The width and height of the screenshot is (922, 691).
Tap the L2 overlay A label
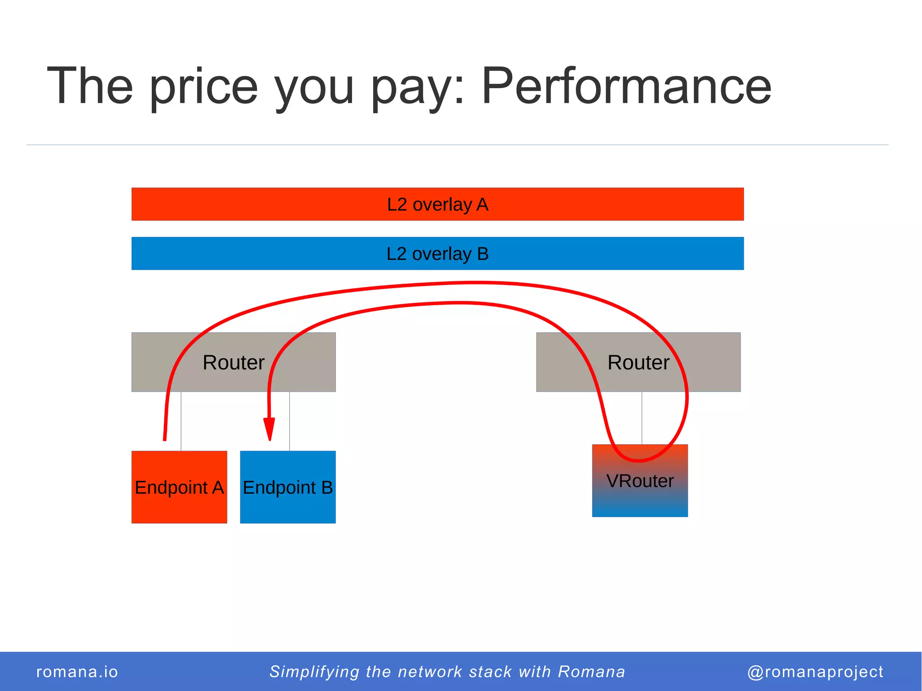tap(438, 204)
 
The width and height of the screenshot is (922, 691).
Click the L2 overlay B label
tap(438, 254)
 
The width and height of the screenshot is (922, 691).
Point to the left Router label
tap(233, 362)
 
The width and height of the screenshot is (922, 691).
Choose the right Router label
tap(638, 362)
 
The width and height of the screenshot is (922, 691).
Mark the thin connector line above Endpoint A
tap(181, 421)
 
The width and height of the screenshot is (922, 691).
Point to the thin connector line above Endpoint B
tap(289, 421)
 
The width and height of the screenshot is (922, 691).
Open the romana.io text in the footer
tap(77, 672)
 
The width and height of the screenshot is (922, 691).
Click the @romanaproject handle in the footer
tap(815, 672)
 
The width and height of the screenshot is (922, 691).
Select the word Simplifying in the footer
tap(314, 672)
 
